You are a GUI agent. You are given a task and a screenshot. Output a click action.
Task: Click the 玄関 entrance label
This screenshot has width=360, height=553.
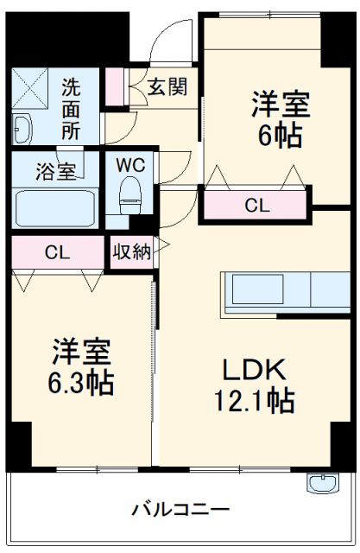165,86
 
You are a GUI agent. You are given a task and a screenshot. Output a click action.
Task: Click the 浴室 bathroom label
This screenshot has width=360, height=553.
55,172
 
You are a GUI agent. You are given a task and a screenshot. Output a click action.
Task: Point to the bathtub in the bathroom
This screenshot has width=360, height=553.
54,207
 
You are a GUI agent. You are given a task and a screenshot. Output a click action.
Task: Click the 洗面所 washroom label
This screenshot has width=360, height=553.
72,108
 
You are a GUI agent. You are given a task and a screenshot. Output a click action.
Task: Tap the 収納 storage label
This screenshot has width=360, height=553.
131,252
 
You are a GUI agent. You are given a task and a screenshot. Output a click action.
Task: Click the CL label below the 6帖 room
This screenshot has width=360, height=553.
256,205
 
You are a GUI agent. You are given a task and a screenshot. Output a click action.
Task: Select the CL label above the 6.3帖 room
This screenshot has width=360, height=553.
57,252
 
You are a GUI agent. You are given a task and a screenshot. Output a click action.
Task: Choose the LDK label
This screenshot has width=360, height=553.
255,369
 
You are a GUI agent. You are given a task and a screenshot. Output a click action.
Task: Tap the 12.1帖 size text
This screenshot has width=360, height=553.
255,401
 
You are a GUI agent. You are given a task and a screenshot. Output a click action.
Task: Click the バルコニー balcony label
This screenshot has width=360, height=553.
180,510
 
